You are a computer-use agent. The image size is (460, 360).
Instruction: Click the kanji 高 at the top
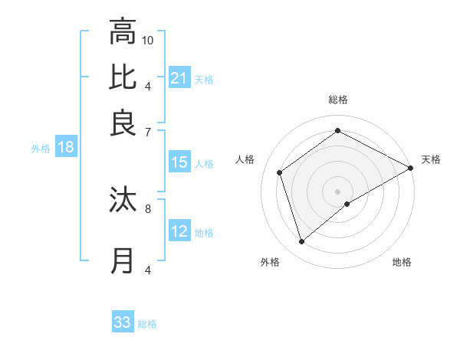[x=123, y=32]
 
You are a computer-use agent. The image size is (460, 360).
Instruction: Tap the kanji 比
[x=123, y=77]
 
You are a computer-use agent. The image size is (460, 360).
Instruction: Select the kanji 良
[x=123, y=123]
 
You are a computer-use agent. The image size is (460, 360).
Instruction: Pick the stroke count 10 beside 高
[x=148, y=40]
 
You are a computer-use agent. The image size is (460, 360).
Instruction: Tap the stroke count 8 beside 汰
[x=148, y=207]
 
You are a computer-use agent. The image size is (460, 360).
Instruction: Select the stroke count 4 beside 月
[x=148, y=270]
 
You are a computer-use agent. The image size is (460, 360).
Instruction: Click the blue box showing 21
[x=179, y=78]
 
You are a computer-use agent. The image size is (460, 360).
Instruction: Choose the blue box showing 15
[x=179, y=162]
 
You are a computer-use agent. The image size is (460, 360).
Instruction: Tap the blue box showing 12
[x=179, y=231]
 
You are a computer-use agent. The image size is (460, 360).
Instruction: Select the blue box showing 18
[x=66, y=147]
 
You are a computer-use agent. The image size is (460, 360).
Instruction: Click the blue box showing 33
[x=123, y=322]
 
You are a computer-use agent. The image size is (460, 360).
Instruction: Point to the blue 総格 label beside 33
[x=148, y=324]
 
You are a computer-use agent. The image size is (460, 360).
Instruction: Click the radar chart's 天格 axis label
[x=431, y=159]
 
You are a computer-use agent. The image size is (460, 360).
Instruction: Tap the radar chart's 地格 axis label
[x=402, y=262]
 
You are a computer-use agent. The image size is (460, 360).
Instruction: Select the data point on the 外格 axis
[x=301, y=242]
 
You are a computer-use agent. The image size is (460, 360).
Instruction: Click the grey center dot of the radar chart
[x=337, y=191]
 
